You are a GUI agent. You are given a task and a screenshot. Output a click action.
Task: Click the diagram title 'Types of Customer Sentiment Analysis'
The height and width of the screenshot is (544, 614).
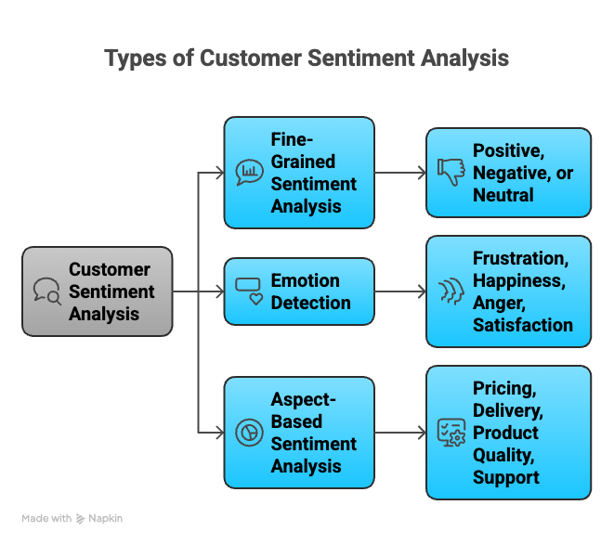click(x=307, y=58)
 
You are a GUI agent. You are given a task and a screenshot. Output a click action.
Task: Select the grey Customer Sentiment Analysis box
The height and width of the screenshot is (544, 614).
click(x=98, y=291)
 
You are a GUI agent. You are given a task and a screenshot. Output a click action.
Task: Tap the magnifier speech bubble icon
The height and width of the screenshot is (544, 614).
click(x=47, y=291)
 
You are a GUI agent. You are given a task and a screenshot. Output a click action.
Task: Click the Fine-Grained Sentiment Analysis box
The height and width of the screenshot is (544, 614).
click(x=299, y=173)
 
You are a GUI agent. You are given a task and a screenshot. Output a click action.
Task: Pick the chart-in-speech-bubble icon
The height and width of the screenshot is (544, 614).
click(x=249, y=173)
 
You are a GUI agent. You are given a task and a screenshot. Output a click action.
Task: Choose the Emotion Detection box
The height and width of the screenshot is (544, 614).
click(x=299, y=291)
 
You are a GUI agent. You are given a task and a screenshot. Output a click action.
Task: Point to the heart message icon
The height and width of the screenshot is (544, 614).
click(x=249, y=291)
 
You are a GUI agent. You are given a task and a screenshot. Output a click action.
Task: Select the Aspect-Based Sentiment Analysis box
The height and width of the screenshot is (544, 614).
click(x=299, y=433)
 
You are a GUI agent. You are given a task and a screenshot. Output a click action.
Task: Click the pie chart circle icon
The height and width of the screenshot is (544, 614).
click(x=249, y=433)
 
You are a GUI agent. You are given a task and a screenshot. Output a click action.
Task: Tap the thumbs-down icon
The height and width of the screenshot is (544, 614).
click(x=451, y=173)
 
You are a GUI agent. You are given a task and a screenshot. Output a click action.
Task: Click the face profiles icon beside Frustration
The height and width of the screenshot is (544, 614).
click(x=451, y=291)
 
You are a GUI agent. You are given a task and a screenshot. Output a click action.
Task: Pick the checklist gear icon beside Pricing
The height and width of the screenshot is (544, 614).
click(x=451, y=433)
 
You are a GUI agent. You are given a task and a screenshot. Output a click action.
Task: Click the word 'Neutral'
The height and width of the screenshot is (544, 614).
click(x=503, y=195)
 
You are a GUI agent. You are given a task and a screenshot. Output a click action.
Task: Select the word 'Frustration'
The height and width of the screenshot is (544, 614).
click(x=519, y=258)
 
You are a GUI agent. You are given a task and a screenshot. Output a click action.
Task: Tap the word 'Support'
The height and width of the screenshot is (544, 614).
click(x=506, y=477)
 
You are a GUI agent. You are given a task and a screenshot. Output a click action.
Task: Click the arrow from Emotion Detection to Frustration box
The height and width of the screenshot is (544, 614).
click(x=399, y=291)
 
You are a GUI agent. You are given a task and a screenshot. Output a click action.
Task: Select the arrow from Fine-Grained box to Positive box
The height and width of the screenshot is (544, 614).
click(x=399, y=173)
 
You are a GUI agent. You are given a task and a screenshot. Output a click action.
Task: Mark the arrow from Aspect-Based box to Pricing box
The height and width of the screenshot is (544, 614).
click(x=399, y=433)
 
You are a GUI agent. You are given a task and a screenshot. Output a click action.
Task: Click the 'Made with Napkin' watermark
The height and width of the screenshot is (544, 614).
click(x=72, y=519)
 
